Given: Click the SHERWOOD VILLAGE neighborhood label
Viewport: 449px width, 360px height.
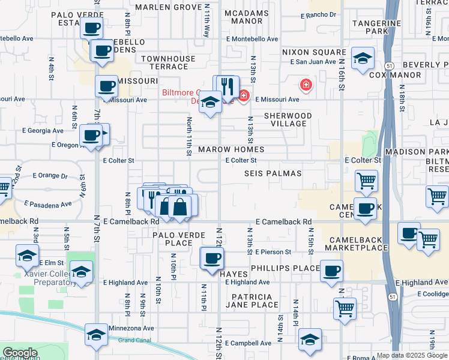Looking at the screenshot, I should click(288, 119).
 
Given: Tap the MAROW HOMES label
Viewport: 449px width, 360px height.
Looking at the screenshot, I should click(231, 149).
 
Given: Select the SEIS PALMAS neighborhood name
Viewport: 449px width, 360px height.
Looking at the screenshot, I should click(273, 173).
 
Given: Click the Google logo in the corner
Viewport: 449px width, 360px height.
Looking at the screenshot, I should click(19, 353).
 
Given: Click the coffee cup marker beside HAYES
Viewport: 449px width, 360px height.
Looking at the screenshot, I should click(211, 259).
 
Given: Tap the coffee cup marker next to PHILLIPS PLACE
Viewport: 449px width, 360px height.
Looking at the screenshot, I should click(331, 271).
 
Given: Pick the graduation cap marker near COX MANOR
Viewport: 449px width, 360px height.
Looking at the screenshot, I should click(362, 59).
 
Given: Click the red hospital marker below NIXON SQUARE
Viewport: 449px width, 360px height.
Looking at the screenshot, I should click(306, 85).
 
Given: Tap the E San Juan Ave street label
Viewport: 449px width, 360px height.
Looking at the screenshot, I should click(312, 62).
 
